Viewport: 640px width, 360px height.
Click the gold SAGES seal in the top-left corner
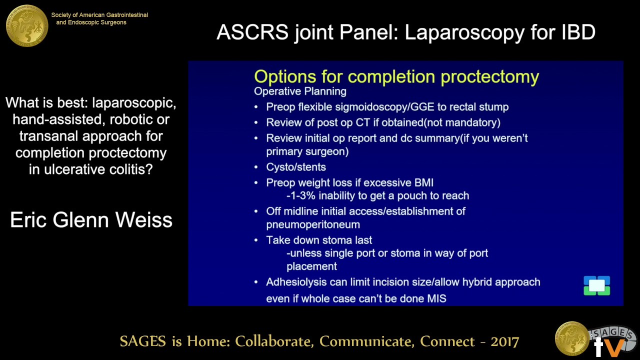(x=27, y=25)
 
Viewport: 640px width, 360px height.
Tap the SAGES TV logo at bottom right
(x=595, y=338)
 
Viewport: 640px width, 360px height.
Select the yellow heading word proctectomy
(x=489, y=76)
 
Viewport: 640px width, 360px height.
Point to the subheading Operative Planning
(x=300, y=91)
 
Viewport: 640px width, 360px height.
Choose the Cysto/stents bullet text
(x=296, y=167)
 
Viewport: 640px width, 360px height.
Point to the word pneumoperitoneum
(x=313, y=224)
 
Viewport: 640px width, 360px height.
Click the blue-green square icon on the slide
(x=596, y=286)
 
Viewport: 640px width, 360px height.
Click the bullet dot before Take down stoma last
(x=256, y=240)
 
